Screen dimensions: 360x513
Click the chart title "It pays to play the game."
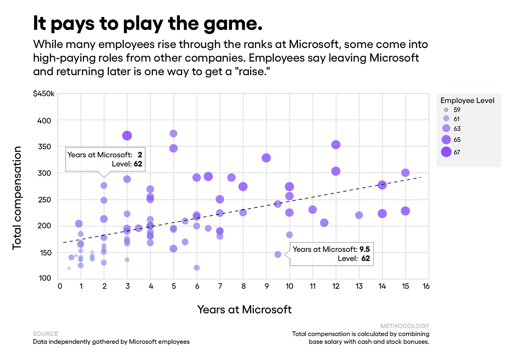[148, 24]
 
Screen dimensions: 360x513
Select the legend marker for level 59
[446, 110]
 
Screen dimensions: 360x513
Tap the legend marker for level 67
[446, 152]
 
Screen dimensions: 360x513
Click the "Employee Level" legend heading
[467, 100]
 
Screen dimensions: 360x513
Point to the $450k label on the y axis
[44, 94]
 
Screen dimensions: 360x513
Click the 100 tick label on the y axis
[45, 278]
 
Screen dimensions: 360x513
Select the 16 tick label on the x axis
[426, 286]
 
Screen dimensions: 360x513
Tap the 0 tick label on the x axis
[60, 286]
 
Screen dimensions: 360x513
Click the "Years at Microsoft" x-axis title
[244, 309]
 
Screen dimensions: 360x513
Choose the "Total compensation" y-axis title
[17, 198]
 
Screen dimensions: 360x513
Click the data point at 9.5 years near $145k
[278, 254]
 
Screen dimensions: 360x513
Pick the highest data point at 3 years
[127, 136]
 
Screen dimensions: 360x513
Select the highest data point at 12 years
[336, 145]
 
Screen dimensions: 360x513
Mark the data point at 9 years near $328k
[266, 158]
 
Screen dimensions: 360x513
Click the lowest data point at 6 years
[196, 268]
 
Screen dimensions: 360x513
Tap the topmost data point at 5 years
[173, 133]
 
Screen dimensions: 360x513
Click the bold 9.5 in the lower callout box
[364, 249]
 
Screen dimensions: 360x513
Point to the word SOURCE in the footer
[45, 334]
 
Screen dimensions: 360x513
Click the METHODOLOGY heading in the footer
[405, 326]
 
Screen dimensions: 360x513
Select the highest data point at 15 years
[405, 173]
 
